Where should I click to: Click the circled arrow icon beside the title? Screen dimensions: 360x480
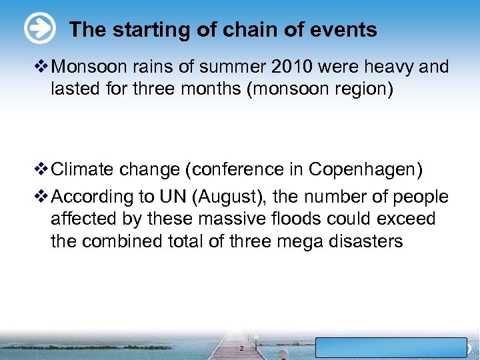(x=39, y=29)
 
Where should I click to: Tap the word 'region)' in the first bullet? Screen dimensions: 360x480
(x=363, y=89)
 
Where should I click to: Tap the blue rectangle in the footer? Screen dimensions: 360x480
(x=391, y=348)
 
